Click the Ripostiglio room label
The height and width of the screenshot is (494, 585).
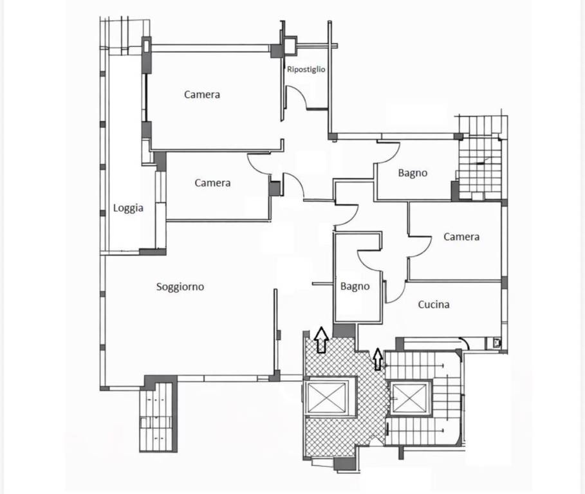pyautogui.click(x=306, y=69)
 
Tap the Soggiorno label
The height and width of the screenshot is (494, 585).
pyautogui.click(x=180, y=287)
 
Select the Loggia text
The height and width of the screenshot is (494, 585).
pyautogui.click(x=128, y=208)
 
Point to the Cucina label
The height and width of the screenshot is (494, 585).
pyautogui.click(x=434, y=305)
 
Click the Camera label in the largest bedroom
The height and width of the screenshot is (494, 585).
pyautogui.click(x=202, y=95)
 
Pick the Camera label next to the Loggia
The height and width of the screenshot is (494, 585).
pyautogui.click(x=212, y=183)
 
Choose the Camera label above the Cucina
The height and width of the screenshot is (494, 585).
pyautogui.click(x=461, y=237)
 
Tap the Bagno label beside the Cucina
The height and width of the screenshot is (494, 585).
pyautogui.click(x=355, y=287)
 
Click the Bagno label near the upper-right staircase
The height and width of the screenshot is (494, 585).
pyautogui.click(x=413, y=173)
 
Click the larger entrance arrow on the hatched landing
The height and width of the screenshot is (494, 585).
pyautogui.click(x=321, y=339)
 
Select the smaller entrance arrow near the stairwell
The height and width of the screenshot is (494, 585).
pyautogui.click(x=378, y=359)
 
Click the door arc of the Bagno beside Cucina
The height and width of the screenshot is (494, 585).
pyautogui.click(x=369, y=259)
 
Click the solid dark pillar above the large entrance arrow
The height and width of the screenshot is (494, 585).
pyautogui.click(x=344, y=331)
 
